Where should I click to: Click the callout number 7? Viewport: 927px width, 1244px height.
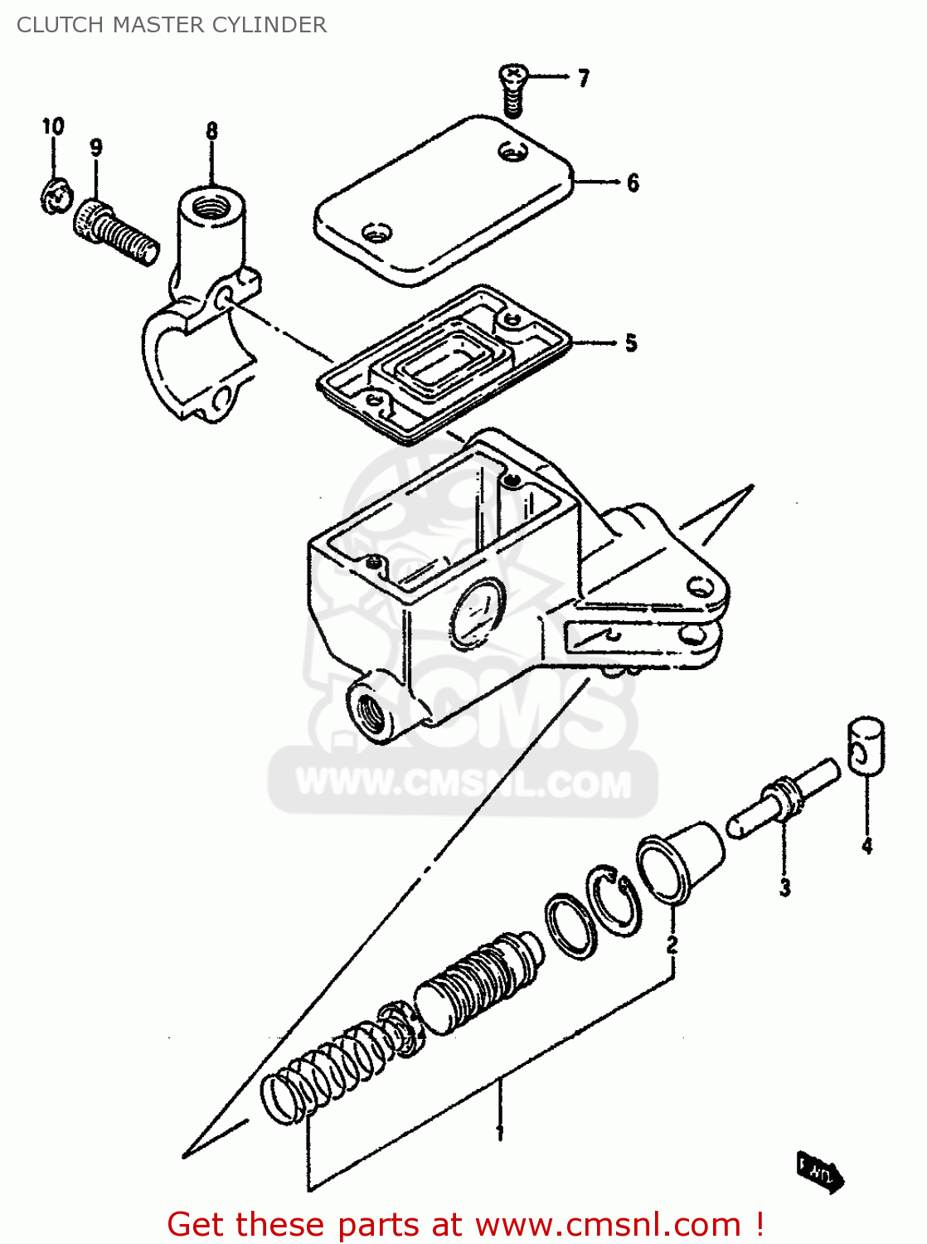click(x=584, y=79)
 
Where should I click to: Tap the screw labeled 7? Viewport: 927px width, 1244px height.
click(x=512, y=90)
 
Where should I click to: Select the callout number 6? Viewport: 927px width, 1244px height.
click(x=633, y=182)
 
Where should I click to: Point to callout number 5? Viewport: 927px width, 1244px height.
click(x=631, y=343)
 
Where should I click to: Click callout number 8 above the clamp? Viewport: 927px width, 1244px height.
click(x=211, y=131)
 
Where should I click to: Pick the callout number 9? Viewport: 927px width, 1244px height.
click(x=96, y=148)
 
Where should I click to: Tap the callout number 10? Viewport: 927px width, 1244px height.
click(x=53, y=127)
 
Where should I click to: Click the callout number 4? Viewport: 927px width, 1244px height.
click(x=866, y=846)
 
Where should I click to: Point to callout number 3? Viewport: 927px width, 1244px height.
click(x=784, y=887)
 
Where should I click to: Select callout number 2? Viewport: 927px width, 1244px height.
click(x=672, y=944)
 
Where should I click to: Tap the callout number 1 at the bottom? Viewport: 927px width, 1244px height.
click(x=499, y=1132)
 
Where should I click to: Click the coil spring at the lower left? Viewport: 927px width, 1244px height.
click(x=328, y=1074)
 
